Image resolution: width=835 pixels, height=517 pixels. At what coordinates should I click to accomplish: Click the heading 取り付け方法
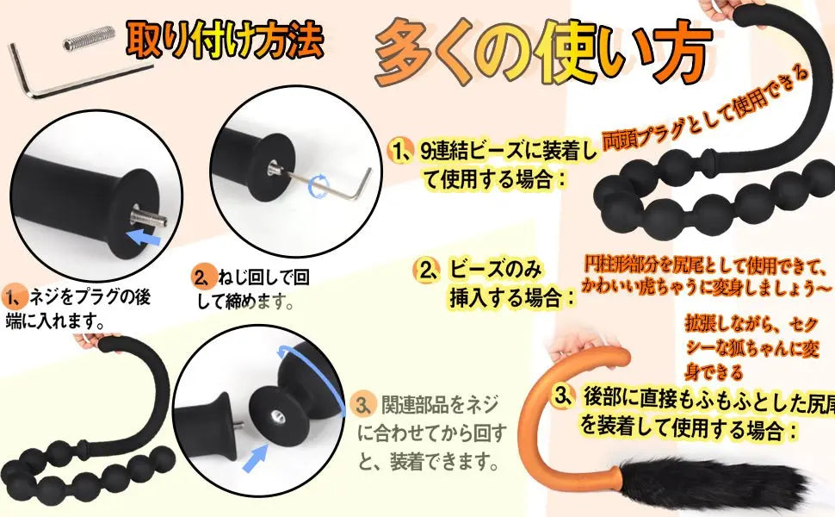point(225,39)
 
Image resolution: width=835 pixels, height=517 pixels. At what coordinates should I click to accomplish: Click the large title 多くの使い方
point(543,52)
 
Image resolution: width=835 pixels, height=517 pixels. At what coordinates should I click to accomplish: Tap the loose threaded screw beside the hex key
point(89,38)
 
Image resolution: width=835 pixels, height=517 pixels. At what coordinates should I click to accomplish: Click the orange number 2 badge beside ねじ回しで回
point(204,277)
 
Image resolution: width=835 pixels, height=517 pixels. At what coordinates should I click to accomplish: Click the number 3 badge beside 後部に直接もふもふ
point(563,396)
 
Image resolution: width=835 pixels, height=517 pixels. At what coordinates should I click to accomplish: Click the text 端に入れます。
point(55,321)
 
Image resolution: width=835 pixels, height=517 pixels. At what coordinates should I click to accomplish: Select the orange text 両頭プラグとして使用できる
point(706,109)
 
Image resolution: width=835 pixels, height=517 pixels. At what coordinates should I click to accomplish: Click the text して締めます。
point(246,302)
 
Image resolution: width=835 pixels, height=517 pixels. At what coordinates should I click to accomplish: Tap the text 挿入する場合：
point(513,297)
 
